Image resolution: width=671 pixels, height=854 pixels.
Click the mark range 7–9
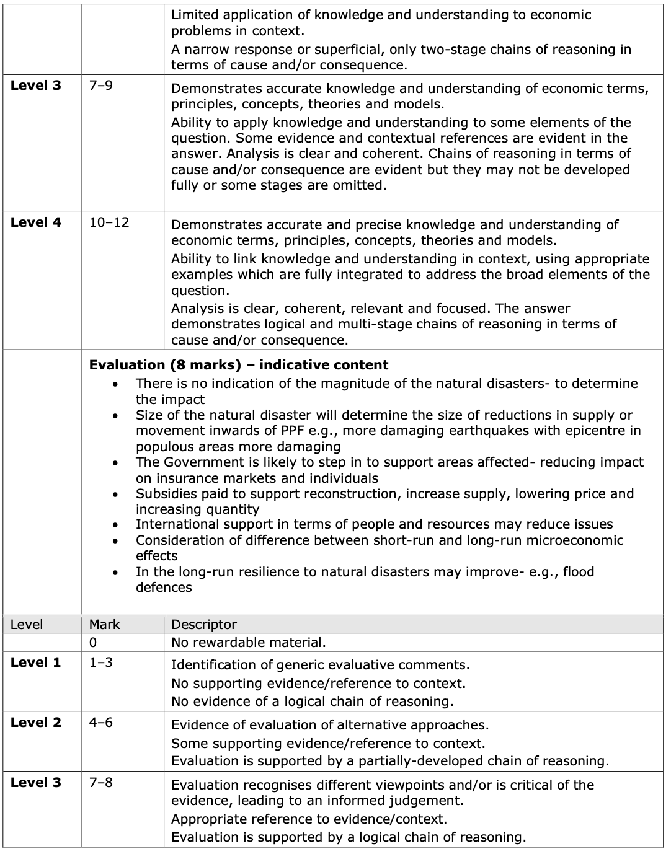tap(100, 86)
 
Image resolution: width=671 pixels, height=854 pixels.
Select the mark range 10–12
tap(109, 222)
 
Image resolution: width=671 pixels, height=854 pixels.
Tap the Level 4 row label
tap(36, 222)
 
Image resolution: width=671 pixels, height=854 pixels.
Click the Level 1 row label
tap(36, 662)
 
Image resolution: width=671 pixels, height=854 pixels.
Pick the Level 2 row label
tap(36, 722)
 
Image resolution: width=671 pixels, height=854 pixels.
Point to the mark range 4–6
tap(100, 722)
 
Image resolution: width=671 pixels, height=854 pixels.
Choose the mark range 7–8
tap(100, 782)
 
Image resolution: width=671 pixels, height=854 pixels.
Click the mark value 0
tap(93, 643)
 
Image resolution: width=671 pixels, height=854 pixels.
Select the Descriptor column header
tap(203, 624)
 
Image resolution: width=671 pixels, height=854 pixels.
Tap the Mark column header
tap(104, 624)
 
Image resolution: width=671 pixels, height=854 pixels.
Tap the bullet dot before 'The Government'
tap(115, 463)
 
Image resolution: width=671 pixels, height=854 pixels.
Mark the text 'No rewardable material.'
tap(248, 643)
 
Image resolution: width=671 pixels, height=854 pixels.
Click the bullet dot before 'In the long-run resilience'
tap(115, 573)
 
